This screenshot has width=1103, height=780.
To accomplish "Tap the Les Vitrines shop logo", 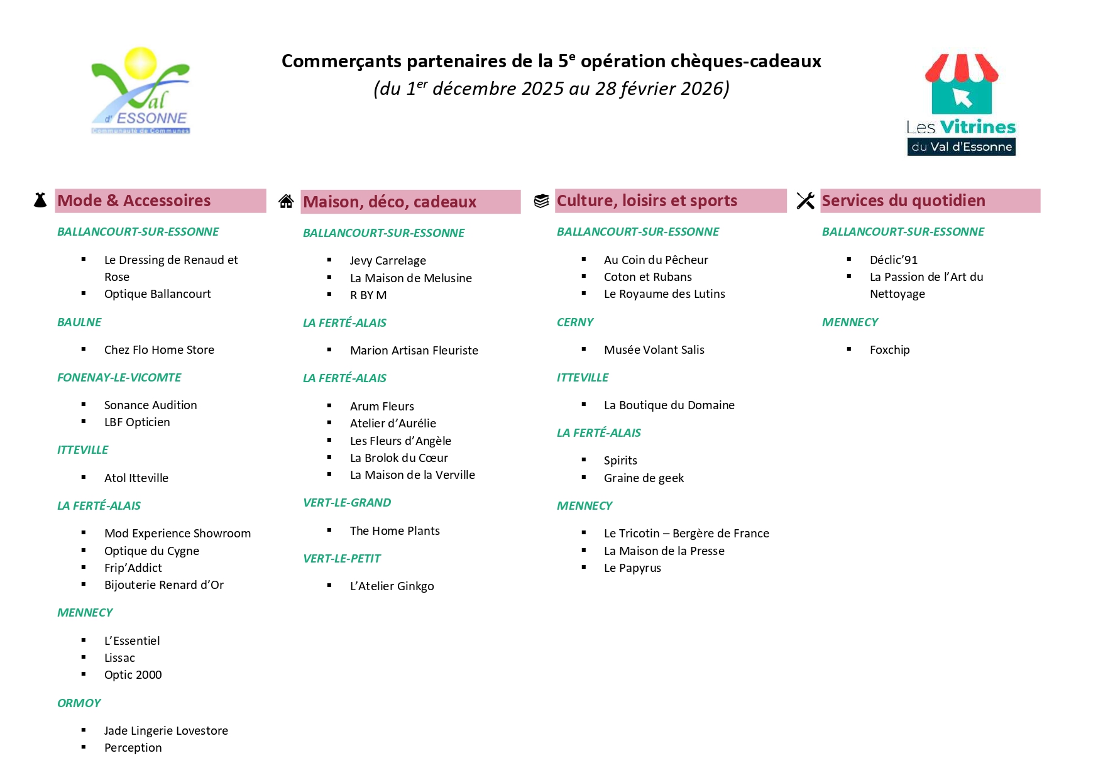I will click(961, 104).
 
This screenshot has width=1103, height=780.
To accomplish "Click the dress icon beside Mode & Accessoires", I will click(40, 200).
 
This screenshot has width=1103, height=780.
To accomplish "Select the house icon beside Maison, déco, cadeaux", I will click(286, 201).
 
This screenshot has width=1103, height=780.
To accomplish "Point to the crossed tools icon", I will click(805, 200).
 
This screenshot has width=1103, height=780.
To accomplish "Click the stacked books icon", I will click(541, 200).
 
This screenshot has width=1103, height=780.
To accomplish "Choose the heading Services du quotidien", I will click(903, 200).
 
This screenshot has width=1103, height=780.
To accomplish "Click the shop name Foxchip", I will click(889, 350).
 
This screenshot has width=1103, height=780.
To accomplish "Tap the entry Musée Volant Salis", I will click(654, 350).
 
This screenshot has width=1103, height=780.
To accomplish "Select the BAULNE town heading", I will click(79, 322).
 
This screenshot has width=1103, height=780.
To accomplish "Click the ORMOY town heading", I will click(79, 703).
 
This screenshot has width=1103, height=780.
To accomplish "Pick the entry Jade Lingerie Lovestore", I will click(166, 731).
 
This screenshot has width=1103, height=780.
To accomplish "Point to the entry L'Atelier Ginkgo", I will click(392, 586).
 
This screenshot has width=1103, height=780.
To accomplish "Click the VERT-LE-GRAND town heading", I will click(347, 503).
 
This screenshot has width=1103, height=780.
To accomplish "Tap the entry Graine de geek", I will click(644, 478).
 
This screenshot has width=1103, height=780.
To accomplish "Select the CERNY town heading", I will click(575, 322).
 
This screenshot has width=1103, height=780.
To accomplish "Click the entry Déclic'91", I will click(893, 260).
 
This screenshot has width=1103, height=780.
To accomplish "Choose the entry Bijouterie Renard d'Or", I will click(163, 585).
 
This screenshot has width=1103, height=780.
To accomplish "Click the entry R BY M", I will click(368, 295).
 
